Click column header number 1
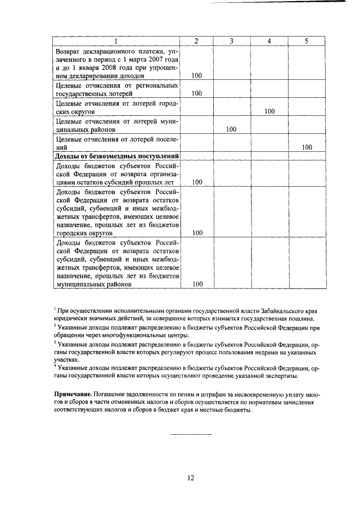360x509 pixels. pos(116,41)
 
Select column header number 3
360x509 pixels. pos(232,41)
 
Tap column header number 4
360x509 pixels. pos(269,41)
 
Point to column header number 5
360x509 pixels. pos(306,41)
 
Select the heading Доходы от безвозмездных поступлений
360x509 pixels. pos(116,156)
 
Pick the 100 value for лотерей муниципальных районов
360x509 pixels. pos(232,129)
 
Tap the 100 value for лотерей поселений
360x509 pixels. pos(307,147)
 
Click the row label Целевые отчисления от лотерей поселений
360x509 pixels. pos(116,143)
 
